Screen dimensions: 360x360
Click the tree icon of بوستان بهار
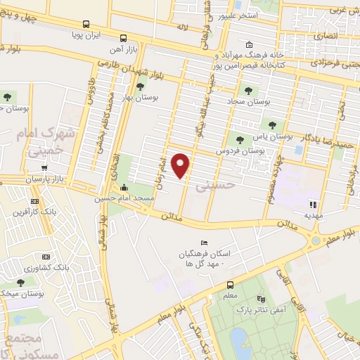tap(140, 86)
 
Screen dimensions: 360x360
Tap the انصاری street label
tap(324, 34)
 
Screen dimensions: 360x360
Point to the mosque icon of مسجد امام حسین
tap(124, 187)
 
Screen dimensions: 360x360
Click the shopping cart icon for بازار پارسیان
tap(44, 168)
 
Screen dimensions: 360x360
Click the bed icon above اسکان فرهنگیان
tap(204, 243)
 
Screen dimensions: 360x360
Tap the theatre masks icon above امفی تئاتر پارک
tap(262, 298)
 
